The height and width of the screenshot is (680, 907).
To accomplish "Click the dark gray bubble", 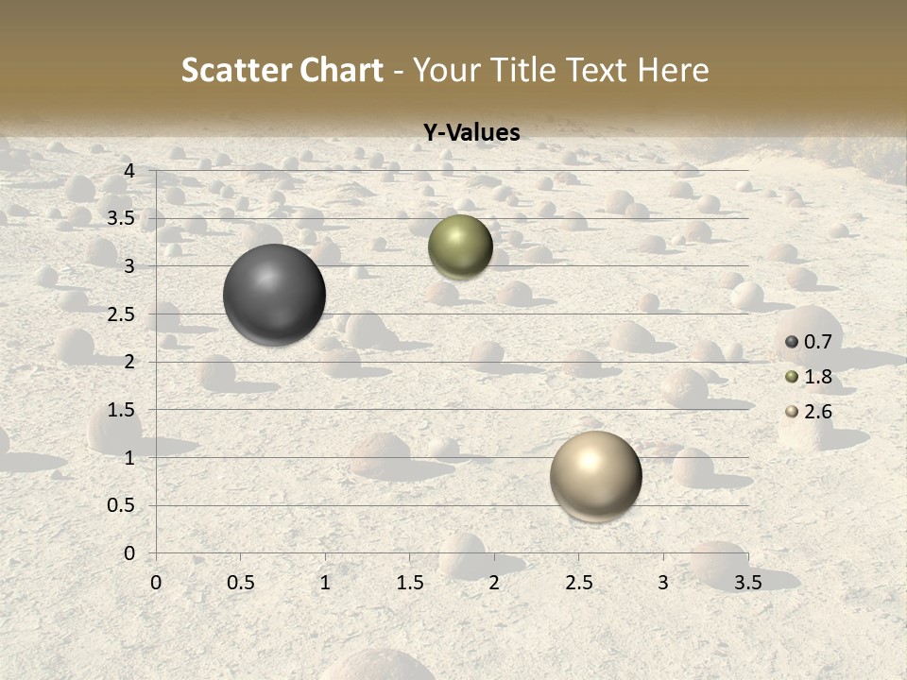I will (x=275, y=295).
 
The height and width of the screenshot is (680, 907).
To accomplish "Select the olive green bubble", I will (x=460, y=246).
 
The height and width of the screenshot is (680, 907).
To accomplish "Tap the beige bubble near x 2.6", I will (x=595, y=475).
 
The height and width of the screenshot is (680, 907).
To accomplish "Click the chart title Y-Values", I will (x=471, y=133).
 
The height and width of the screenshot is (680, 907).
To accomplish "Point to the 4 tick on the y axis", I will (x=129, y=171).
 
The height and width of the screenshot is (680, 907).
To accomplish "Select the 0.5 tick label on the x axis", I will (x=240, y=583).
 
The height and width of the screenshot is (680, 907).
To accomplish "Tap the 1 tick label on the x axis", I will (x=325, y=583).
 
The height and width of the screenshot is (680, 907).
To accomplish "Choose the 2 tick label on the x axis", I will (x=494, y=583).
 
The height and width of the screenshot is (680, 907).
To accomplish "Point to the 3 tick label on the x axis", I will (x=663, y=583).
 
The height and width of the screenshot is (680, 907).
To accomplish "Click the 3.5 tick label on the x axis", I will (x=747, y=583).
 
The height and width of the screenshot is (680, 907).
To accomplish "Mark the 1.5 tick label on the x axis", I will (x=409, y=583).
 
